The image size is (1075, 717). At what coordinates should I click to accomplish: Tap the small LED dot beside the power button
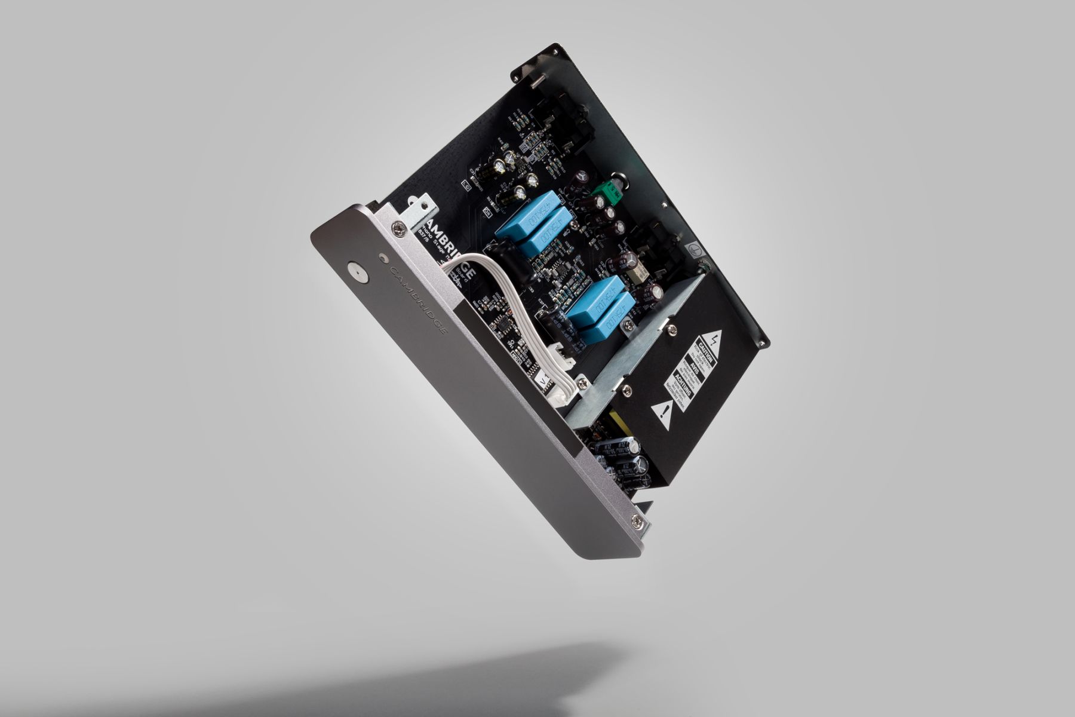point(383,259)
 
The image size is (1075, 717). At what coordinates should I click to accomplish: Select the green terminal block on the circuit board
point(612,192)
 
